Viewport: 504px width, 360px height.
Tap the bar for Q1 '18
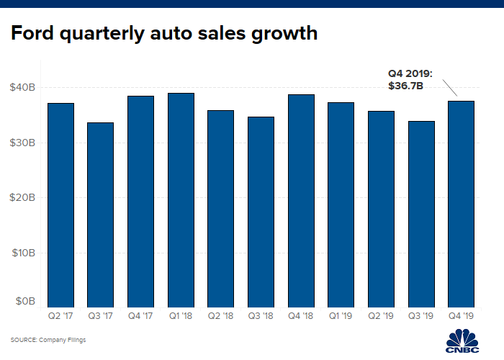coord(181,200)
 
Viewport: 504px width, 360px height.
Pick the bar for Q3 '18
coord(261,212)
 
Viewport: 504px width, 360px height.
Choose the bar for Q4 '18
coord(301,201)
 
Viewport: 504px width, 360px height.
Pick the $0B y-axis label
coord(26,302)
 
